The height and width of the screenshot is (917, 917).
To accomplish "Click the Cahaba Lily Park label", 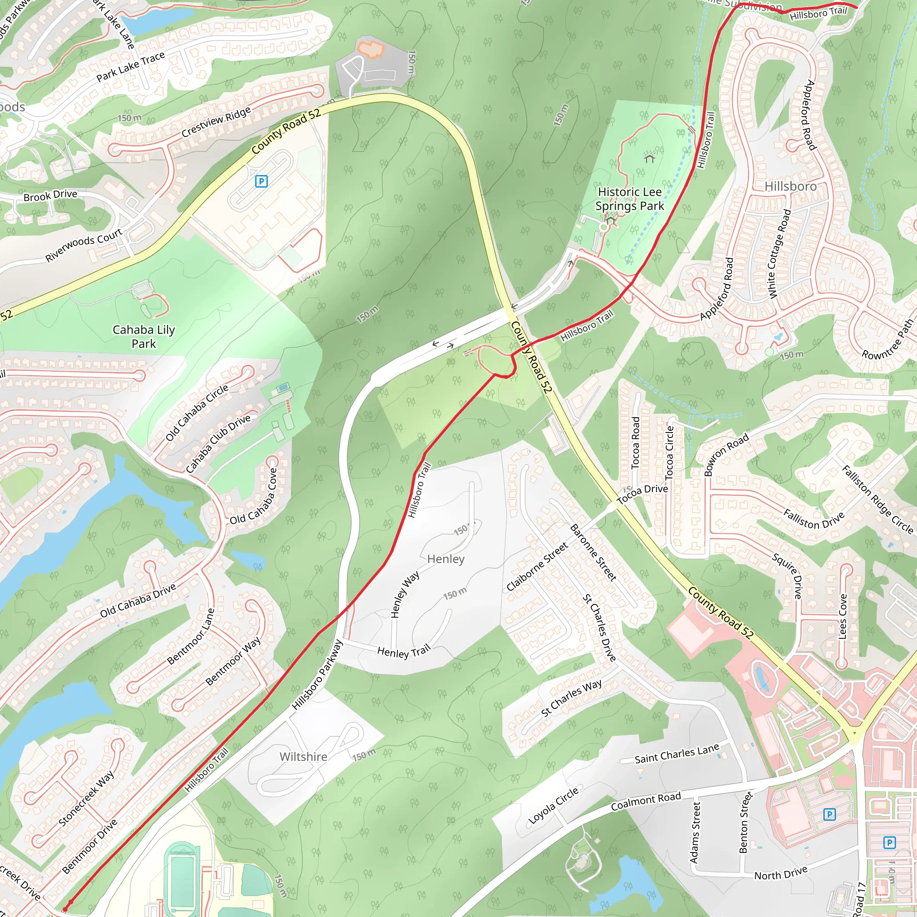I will coord(143,337).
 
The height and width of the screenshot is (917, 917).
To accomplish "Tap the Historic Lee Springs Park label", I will coord(630,199).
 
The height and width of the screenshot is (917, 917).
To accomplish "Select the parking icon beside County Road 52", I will coord(261,181).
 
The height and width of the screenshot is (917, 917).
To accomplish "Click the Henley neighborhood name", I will coord(446,559).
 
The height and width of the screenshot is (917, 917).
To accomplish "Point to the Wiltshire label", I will coord(303,756).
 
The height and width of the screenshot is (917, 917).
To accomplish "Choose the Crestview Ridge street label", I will coord(216,122).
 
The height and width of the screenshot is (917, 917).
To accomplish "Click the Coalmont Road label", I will coord(646,801).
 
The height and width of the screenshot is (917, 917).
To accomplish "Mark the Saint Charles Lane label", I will coord(677,754).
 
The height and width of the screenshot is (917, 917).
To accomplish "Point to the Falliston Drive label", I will coord(814,519).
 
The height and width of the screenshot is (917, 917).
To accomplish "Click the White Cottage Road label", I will coord(780,254).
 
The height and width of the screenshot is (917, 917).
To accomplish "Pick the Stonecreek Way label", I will coord(86,798).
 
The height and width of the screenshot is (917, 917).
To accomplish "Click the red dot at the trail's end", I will coord(71,902).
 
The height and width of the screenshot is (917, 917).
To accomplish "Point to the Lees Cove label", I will coord(843,616).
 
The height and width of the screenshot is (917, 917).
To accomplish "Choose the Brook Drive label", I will coord(50,195).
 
